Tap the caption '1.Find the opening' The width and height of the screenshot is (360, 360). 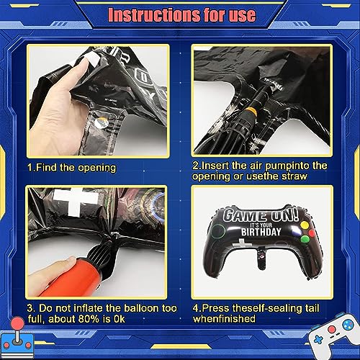[x=71, y=168]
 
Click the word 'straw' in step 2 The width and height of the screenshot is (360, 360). [x=294, y=176]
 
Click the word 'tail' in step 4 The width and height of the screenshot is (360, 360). [x=311, y=308]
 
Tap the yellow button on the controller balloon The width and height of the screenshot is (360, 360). [x=305, y=225]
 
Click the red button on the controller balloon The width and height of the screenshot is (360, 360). [x=312, y=233]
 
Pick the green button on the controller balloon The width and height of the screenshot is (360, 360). [x=305, y=239]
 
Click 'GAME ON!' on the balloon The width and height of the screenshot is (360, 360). [x=261, y=214]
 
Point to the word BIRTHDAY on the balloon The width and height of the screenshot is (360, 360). [x=261, y=232]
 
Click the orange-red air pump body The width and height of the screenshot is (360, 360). [x=71, y=279]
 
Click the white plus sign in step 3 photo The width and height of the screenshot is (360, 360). [x=75, y=201]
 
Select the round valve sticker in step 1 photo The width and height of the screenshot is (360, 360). [x=101, y=122]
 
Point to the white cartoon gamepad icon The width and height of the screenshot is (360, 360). [x=332, y=336]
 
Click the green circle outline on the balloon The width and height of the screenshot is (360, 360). [x=218, y=231]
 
